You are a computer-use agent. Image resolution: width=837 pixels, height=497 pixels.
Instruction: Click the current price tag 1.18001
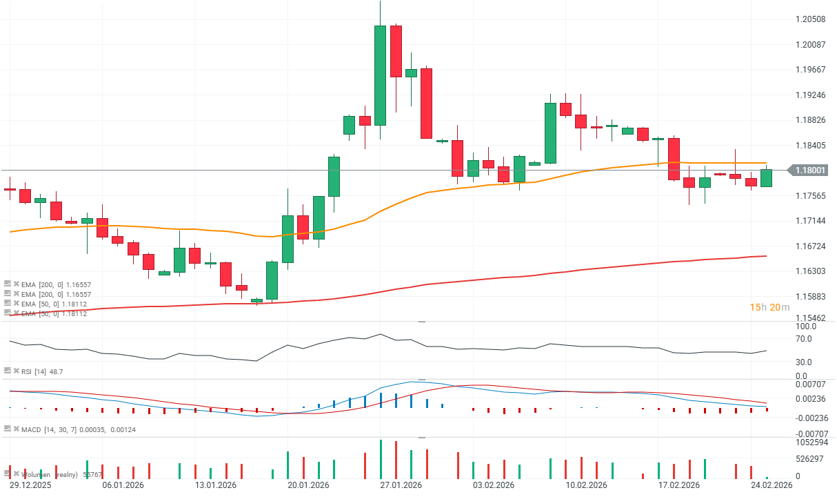811,170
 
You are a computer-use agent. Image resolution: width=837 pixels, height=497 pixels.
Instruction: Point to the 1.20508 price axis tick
811,19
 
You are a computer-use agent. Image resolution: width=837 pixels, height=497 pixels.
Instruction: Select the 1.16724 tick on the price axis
811,246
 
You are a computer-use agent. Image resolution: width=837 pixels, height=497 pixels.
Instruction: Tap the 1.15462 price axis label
811,318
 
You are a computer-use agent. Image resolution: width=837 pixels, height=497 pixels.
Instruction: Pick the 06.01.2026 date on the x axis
123,485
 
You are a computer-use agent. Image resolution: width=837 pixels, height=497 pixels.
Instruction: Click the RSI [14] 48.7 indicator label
42,372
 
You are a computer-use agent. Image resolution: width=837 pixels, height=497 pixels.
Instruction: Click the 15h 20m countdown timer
769,307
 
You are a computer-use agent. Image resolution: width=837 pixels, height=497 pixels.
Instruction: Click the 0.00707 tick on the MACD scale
811,384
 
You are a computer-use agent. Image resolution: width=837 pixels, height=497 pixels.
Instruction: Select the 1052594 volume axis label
812,442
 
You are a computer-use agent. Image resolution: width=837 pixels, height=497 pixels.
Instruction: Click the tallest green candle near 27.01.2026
380,75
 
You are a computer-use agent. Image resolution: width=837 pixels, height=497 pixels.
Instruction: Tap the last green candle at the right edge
766,178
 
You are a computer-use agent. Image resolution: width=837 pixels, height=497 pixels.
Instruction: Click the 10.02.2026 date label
586,485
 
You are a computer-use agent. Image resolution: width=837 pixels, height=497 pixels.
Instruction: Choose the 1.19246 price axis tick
811,95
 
